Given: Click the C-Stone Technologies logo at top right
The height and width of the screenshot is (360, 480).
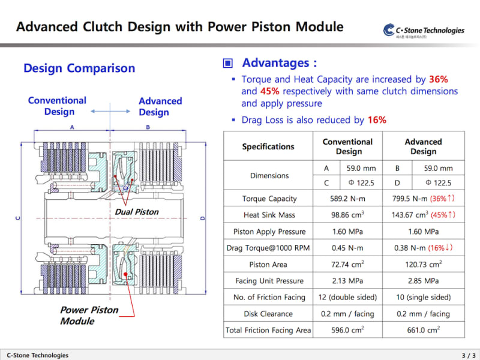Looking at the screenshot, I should tap(424, 31).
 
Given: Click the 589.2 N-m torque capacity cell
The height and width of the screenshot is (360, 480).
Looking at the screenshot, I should tap(349, 199).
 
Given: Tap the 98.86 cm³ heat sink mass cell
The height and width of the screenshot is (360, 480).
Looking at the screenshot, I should tap(349, 215).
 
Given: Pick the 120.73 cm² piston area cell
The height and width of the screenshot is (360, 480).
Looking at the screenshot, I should tap(423, 264).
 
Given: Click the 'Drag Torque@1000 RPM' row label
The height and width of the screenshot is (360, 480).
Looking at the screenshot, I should tap(268, 248).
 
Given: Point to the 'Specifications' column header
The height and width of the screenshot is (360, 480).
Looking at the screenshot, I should tap(268, 146).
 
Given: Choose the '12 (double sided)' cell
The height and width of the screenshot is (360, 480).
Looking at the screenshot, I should tap(349, 297).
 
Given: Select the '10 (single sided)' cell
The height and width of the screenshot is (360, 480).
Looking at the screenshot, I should tap(423, 297).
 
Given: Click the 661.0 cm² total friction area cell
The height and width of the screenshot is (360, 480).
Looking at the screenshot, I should tap(423, 329).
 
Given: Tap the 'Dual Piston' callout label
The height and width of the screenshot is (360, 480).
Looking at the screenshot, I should tap(137, 212).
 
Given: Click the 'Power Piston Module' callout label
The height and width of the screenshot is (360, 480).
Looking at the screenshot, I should tap(89, 316).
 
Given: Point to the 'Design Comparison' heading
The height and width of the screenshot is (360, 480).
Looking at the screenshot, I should tap(79, 68).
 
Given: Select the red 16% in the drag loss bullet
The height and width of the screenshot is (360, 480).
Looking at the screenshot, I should tap(377, 120).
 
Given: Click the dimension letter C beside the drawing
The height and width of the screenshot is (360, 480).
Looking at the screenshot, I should tap(17, 218).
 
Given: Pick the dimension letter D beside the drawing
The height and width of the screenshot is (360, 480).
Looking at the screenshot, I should tap(202, 218).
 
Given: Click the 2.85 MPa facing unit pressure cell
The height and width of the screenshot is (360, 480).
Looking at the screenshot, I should tap(423, 281).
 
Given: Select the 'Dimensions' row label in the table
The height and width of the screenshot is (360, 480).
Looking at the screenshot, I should tap(269, 176).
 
